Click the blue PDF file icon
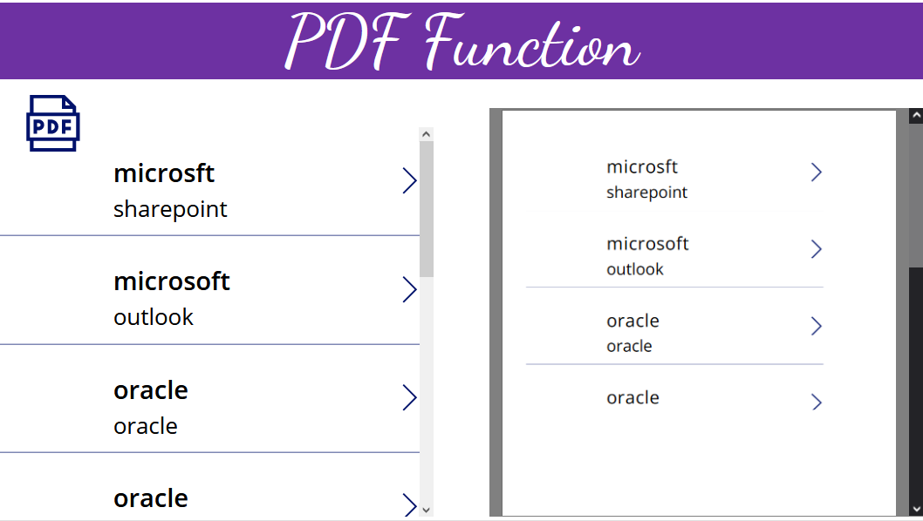[52, 123]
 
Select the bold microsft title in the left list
[164, 173]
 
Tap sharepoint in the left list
[170, 209]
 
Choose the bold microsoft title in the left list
[172, 281]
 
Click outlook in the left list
[154, 317]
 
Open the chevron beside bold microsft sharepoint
[409, 181]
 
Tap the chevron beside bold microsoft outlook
[409, 289]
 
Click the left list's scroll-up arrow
[427, 134]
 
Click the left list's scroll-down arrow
[427, 509]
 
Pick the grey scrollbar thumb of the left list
[427, 209]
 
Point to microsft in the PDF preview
[642, 166]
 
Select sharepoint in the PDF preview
[646, 193]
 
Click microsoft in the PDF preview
[647, 244]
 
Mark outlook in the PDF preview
[635, 269]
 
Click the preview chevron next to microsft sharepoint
[817, 173]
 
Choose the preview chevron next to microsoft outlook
[817, 249]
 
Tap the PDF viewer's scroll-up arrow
[916, 116]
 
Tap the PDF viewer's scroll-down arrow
[916, 509]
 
